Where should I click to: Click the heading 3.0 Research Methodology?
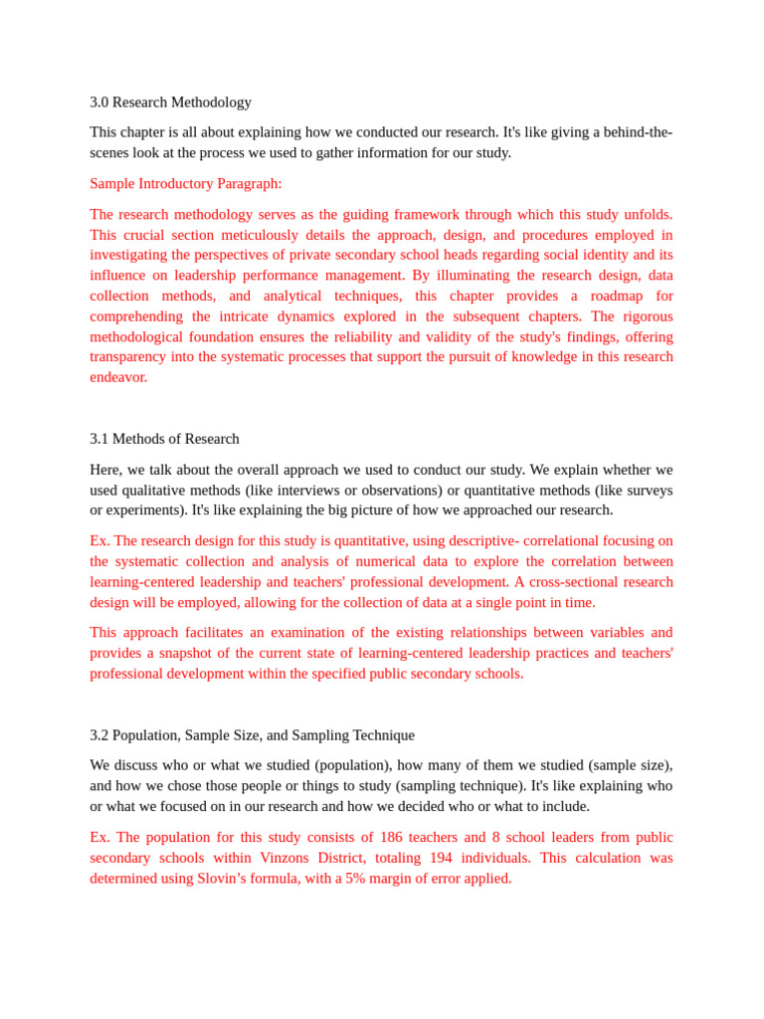170,102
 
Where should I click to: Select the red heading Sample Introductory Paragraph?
185,184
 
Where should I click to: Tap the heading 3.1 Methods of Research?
164,439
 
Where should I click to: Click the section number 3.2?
98,735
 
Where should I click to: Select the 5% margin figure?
355,879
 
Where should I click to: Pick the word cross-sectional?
574,582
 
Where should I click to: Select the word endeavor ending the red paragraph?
117,377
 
